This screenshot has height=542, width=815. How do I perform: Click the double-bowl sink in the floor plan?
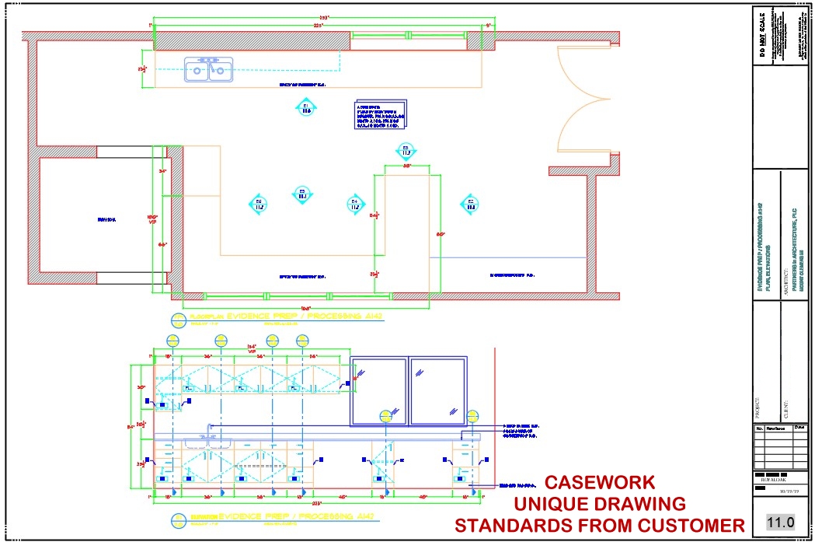coord(208,69)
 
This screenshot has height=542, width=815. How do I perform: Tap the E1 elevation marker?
coord(306,108)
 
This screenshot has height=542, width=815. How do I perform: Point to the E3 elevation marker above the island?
coord(405,150)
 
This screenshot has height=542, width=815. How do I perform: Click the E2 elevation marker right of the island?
coord(470,205)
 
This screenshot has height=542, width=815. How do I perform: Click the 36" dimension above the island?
coord(406,166)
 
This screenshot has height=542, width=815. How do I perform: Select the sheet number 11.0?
coord(779,522)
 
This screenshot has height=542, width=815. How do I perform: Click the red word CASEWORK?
coord(599,483)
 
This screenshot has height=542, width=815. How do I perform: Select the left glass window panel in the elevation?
coord(378,392)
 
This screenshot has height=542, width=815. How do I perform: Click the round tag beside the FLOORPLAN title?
coord(177,319)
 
